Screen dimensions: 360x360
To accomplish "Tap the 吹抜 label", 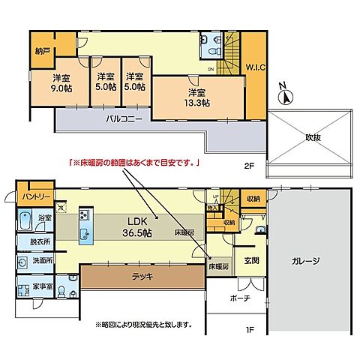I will click(x=313, y=137).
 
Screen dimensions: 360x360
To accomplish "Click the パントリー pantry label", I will click(x=35, y=196).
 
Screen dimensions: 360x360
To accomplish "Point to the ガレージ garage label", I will click(x=307, y=261).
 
